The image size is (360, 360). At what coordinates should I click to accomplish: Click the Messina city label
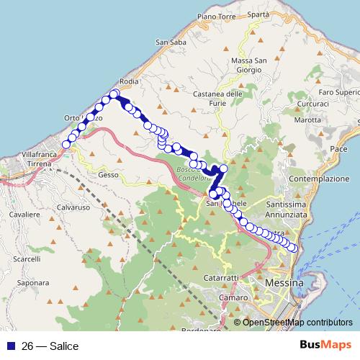point(284,284)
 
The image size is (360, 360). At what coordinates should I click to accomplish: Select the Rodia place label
point(130,82)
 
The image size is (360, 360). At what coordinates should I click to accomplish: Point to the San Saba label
point(171,42)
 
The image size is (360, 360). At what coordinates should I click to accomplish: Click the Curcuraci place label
point(292,104)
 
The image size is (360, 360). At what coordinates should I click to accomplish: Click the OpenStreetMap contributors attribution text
point(297,323)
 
